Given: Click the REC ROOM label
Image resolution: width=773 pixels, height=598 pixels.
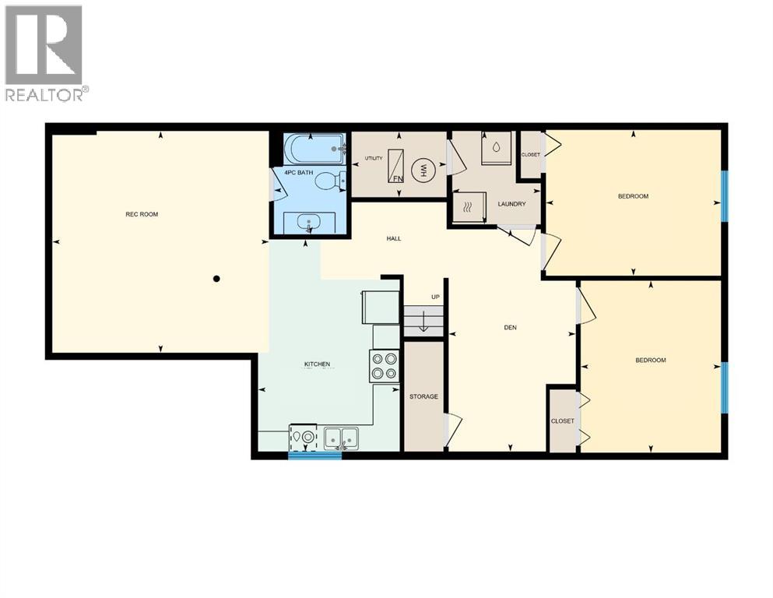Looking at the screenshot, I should pos(142,214).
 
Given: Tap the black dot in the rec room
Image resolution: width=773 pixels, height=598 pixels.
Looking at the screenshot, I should pos(217,278).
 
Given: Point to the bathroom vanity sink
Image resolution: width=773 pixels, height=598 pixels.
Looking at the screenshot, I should pos(309,222).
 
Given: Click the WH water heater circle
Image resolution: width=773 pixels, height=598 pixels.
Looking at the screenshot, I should pos(424,169).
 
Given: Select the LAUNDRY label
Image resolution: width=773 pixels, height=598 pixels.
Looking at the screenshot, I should pos(511,204).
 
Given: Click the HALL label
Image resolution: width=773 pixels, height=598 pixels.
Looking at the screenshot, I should pos(394,238).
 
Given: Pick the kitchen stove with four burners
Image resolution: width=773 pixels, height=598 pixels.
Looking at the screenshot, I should pos(384,366).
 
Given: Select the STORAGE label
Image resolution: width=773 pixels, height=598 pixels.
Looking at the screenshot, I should pos(423,396).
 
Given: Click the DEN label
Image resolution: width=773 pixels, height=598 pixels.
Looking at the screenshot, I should pos(511,327).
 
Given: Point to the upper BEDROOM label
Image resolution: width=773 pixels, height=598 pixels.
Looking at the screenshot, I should pos(633,196).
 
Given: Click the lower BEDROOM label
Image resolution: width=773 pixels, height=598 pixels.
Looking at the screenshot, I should pos(650,360).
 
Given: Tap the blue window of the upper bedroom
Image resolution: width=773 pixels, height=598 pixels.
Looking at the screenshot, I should pos(724,195).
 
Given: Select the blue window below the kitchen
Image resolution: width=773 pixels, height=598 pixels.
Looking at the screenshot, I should pos(314,455).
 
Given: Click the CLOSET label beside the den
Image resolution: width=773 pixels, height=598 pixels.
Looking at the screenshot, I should pos(562,421).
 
